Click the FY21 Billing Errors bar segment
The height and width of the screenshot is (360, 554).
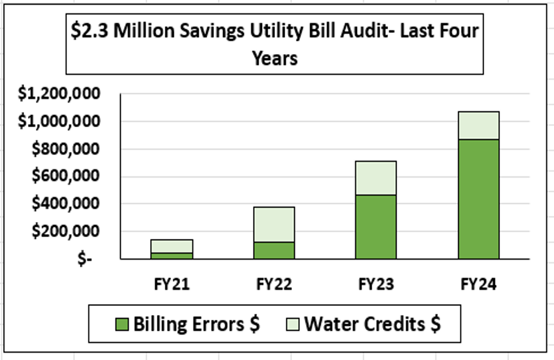tap(172, 256)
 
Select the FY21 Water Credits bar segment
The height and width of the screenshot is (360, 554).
tap(172, 246)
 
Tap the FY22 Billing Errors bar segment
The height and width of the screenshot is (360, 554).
tap(274, 251)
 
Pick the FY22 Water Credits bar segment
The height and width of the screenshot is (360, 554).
tap(274, 224)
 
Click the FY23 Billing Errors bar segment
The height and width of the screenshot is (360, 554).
tap(376, 227)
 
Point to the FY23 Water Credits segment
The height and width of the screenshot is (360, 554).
tap(376, 178)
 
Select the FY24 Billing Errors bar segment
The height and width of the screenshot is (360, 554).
tap(479, 199)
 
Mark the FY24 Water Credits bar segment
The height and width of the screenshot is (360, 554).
tap(479, 126)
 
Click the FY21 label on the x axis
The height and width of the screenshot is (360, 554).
tap(171, 285)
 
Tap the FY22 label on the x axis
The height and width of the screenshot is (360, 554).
tap(274, 285)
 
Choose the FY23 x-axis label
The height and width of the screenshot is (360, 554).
tap(376, 285)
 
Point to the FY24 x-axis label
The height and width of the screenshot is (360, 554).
tap(479, 285)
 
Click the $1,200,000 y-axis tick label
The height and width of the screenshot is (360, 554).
tap(58, 94)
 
